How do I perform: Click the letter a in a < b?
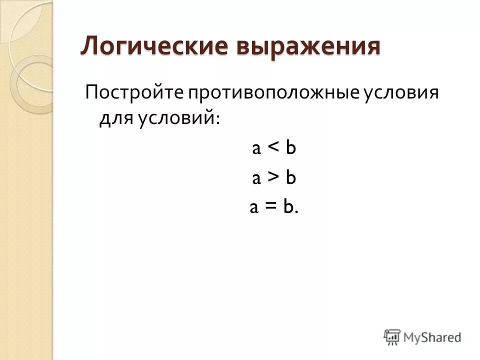click(x=256, y=149)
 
